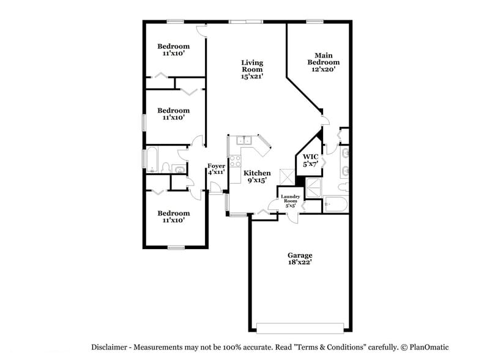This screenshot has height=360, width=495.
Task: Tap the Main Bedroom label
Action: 323,62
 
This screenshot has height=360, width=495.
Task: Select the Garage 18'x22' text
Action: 300,259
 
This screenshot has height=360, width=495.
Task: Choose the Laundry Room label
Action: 290,201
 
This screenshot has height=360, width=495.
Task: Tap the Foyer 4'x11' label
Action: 216,169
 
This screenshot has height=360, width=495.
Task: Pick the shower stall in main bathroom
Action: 313,188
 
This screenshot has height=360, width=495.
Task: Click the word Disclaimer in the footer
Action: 111,347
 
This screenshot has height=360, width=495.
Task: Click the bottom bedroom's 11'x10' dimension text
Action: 173,221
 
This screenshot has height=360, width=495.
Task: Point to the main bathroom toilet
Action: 344,186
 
